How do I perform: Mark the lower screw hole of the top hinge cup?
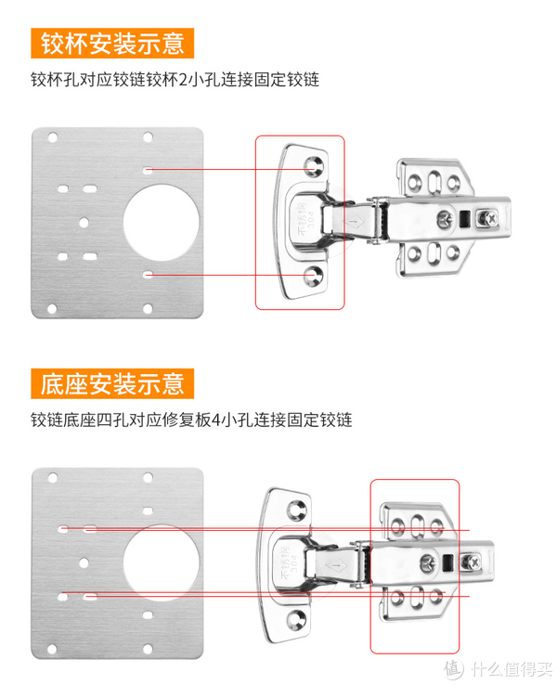click(x=310, y=276)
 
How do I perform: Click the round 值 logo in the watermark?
click(x=452, y=668)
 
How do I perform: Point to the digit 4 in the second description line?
click(x=216, y=420)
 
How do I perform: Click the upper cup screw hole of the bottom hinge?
click(x=295, y=509)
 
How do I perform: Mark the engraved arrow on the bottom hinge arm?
click(x=341, y=562)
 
